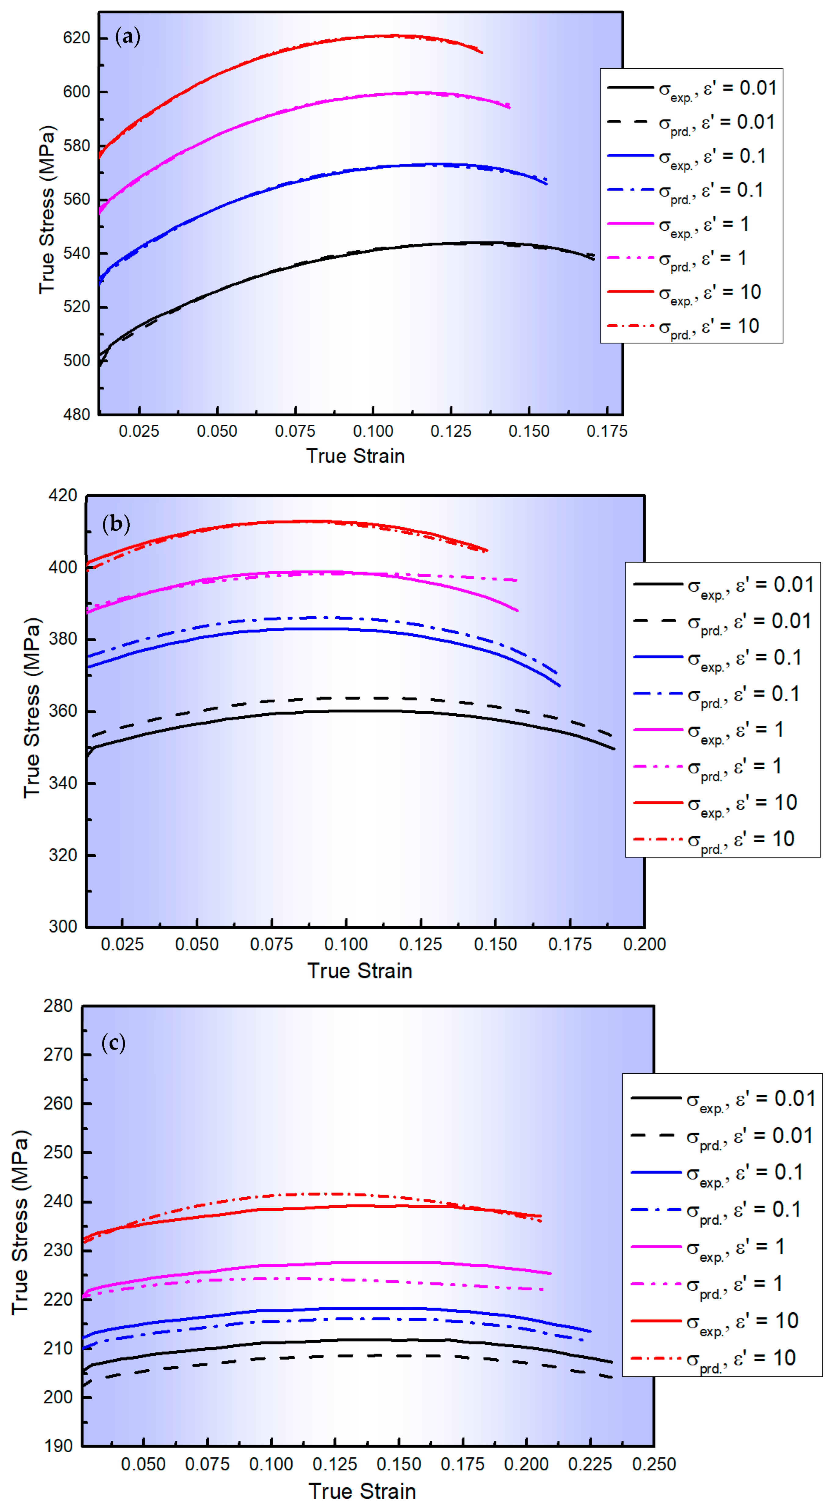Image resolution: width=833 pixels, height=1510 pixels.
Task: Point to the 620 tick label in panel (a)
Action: click(77, 38)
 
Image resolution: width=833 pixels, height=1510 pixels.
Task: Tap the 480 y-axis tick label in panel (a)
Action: click(77, 414)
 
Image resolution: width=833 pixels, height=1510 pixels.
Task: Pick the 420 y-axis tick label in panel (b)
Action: click(63, 496)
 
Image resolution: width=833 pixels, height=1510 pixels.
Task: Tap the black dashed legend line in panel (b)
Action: click(658, 621)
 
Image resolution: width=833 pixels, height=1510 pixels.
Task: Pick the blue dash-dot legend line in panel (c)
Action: click(656, 1209)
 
